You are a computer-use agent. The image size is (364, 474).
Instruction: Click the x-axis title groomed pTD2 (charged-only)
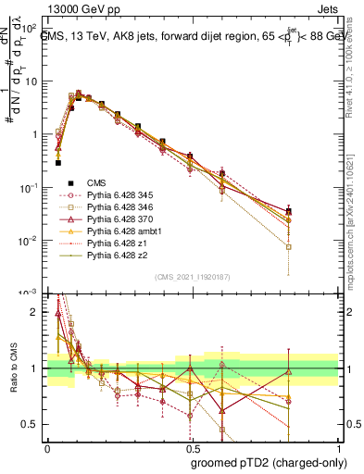click(x=269, y=463)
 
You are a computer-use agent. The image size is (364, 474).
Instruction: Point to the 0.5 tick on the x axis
click(x=193, y=446)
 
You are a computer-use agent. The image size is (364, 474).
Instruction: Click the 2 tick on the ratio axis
click(x=35, y=312)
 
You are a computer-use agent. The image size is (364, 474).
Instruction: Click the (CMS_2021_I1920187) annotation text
click(x=193, y=277)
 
